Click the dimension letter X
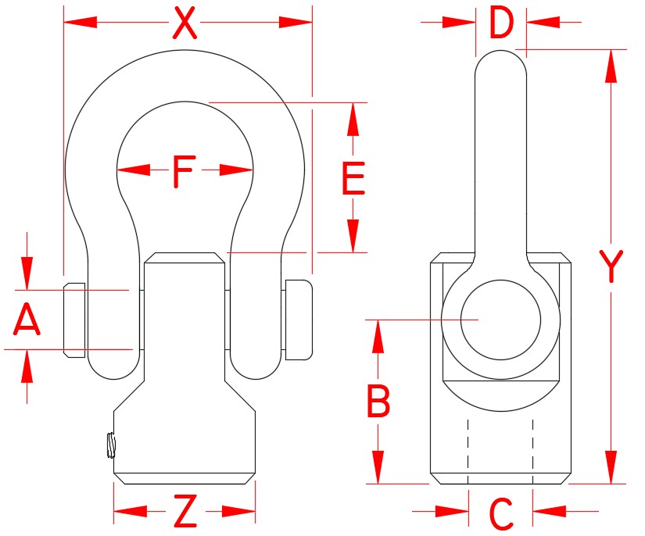tap(184, 23)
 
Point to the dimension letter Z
tap(185, 513)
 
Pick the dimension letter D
tap(501, 23)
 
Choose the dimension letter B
tap(379, 402)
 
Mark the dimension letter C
tap(500, 513)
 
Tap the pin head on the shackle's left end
tap(73, 320)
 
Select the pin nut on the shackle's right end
tap(298, 320)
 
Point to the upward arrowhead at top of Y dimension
tap(611, 66)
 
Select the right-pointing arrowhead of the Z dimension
tap(238, 512)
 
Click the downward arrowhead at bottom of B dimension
tap(379, 466)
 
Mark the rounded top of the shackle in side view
tap(500, 59)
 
